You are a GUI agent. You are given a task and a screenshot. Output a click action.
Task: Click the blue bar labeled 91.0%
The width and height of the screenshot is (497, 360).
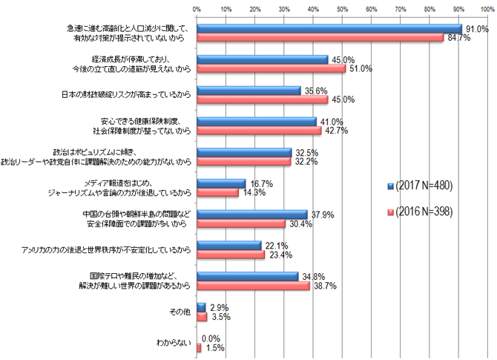pyautogui.click(x=329, y=29)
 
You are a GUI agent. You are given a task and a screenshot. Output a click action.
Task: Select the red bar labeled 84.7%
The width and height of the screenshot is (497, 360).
pyautogui.click(x=320, y=38)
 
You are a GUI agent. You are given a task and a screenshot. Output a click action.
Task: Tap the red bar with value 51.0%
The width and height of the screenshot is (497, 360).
pyautogui.click(x=271, y=68)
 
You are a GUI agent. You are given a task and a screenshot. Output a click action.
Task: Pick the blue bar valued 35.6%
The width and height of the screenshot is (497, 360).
pyautogui.click(x=249, y=91)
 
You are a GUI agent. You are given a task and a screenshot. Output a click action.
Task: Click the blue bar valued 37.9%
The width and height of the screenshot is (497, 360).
pyautogui.click(x=251, y=214)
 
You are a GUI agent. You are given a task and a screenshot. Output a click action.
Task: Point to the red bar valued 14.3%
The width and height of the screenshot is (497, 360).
pyautogui.click(x=217, y=192)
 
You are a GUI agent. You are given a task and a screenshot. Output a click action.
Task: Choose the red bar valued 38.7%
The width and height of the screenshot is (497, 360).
pyautogui.click(x=253, y=285)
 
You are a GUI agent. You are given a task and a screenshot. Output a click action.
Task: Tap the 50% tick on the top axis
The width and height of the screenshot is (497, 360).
pyautogui.click(x=342, y=9)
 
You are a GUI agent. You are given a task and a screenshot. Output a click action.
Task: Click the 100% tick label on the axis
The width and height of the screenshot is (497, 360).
pyautogui.click(x=487, y=9)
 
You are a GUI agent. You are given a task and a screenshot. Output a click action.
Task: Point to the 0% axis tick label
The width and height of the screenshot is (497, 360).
pyautogui.click(x=197, y=9)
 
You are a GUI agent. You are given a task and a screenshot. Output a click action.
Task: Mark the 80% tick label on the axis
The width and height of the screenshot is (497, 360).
pyautogui.click(x=429, y=9)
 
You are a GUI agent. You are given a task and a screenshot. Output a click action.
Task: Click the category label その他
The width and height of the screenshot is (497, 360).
pyautogui.click(x=181, y=312)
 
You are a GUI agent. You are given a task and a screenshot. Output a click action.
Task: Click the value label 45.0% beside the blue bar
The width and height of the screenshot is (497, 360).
pyautogui.click(x=341, y=59)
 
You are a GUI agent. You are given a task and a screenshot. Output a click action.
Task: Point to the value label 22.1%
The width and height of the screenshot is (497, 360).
pyautogui.click(x=274, y=245)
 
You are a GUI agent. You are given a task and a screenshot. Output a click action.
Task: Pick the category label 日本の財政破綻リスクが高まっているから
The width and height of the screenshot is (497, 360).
pyautogui.click(x=128, y=95)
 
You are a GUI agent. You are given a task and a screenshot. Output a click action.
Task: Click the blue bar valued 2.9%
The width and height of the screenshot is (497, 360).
pyautogui.click(x=200, y=307)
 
